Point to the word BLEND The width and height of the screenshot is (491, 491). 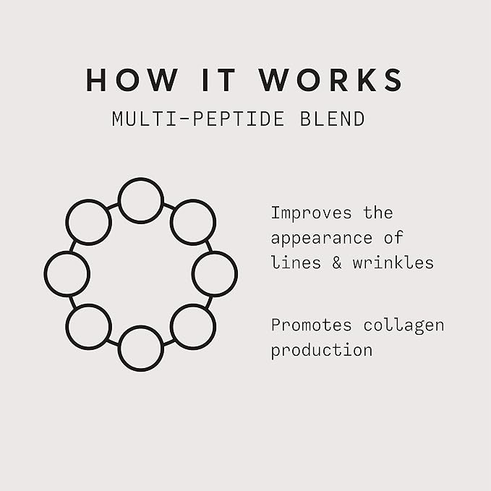pyautogui.click(x=330, y=119)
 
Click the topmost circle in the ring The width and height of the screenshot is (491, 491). pyautogui.click(x=141, y=200)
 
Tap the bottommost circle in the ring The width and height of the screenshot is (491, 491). pyautogui.click(x=141, y=349)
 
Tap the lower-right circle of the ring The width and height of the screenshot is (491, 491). pyautogui.click(x=193, y=327)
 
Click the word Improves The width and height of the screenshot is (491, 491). pyautogui.click(x=312, y=213)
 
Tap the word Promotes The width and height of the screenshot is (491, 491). pyautogui.click(x=312, y=325)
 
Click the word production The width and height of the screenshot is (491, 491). pyautogui.click(x=322, y=351)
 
